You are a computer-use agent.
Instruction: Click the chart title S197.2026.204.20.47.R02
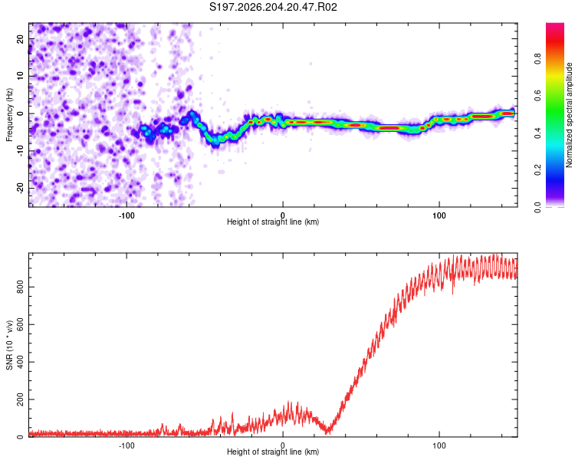[273, 7]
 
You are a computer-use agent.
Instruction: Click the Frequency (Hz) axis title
[9, 115]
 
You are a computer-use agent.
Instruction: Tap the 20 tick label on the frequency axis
[20, 39]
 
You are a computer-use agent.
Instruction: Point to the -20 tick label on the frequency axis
[20, 189]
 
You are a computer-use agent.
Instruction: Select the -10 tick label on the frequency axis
[20, 151]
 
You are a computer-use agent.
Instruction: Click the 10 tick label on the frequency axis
[20, 76]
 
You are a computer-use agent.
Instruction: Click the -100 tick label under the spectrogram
[127, 215]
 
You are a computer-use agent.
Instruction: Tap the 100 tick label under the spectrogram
[439, 215]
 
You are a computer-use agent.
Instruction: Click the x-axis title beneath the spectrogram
[273, 222]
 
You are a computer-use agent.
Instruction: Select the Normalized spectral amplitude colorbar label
[569, 115]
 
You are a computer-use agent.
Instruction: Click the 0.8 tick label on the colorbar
[537, 59]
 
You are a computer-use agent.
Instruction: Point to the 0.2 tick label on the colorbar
[537, 170]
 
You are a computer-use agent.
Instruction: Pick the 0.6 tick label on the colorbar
[537, 96]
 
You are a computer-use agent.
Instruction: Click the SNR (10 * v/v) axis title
[9, 345]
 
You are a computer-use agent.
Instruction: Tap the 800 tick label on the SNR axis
[20, 287]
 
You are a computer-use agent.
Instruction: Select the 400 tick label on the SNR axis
[20, 362]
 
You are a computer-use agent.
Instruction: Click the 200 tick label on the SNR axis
[20, 399]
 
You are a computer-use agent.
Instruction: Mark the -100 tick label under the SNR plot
[127, 445]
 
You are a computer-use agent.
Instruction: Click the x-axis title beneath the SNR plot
[273, 452]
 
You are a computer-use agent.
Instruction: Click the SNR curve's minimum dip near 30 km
[328, 432]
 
